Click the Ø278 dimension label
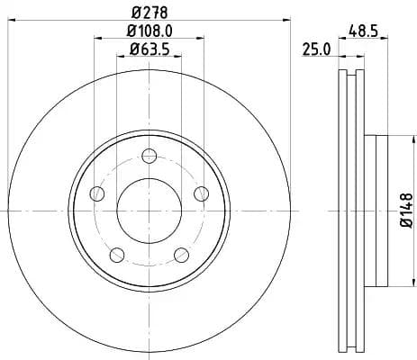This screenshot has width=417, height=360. [x=149, y=11]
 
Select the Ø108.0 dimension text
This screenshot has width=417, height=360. [x=150, y=31]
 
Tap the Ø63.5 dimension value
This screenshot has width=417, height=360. [x=150, y=49]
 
